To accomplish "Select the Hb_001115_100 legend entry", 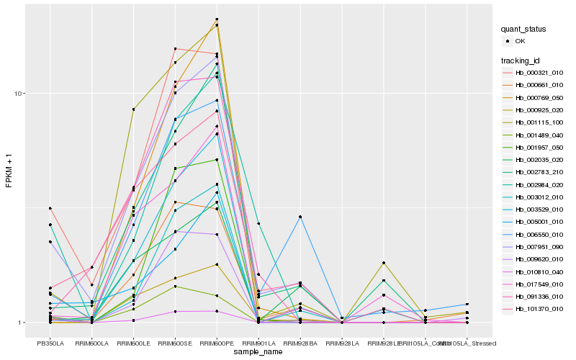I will pos(535,122).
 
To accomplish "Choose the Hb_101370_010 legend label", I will pos(535,309).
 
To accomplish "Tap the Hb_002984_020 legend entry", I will pos(535,184).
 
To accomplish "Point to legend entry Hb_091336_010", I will pos(535,296).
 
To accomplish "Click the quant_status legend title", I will pos(524,29).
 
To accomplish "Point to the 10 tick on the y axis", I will pos(20,94).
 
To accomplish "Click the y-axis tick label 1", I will pos(22,323).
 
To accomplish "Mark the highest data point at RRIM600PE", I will pos(217,19).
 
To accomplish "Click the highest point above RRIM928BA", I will pos(300,217).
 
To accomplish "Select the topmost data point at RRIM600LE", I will pos(134,109).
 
